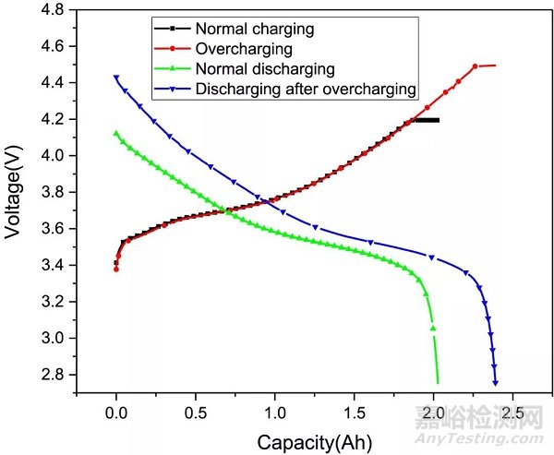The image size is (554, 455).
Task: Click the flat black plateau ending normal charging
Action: (x=426, y=120)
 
